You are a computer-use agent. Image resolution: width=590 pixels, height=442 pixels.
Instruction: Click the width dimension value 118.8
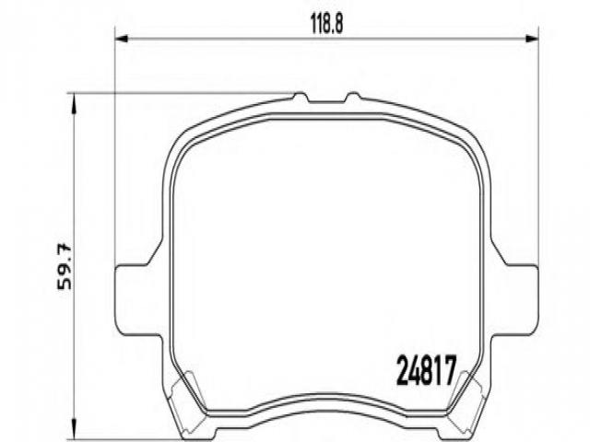(x=326, y=25)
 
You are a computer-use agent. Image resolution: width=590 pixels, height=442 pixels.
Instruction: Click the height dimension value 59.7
(x=64, y=266)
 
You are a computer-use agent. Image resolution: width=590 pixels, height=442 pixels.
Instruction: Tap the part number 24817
(x=427, y=371)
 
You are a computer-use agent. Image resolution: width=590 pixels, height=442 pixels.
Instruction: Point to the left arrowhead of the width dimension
(x=122, y=39)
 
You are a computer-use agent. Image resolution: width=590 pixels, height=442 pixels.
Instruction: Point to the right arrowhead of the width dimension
(x=532, y=39)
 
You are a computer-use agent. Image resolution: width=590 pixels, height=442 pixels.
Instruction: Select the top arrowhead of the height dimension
(x=74, y=103)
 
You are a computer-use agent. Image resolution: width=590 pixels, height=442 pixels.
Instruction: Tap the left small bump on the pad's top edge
(x=300, y=97)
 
